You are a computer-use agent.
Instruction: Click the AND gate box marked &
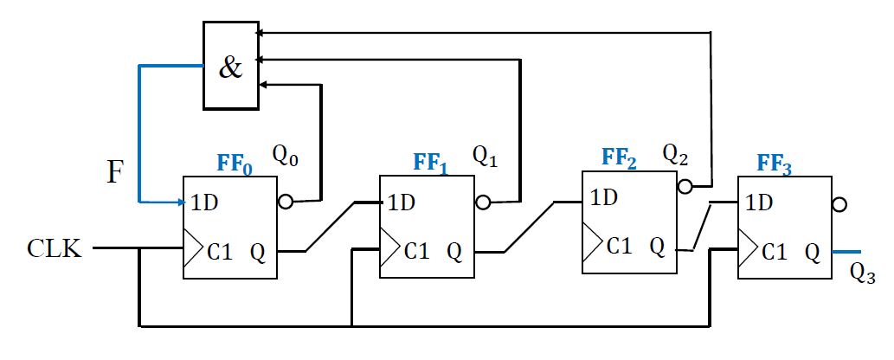point(230,66)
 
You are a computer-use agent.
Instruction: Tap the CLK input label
point(55,250)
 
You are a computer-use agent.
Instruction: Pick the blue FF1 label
point(430,162)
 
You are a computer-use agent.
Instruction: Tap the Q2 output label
point(677,153)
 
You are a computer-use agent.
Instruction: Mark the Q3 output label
point(863,273)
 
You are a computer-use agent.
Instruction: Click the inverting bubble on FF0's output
point(285,202)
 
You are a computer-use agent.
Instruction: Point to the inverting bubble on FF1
point(483,202)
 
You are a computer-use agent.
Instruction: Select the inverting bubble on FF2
point(684,186)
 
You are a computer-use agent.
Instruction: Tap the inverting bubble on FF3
point(838,205)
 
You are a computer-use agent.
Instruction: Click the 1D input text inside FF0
point(206,205)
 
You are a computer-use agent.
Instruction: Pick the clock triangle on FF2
point(591,235)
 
